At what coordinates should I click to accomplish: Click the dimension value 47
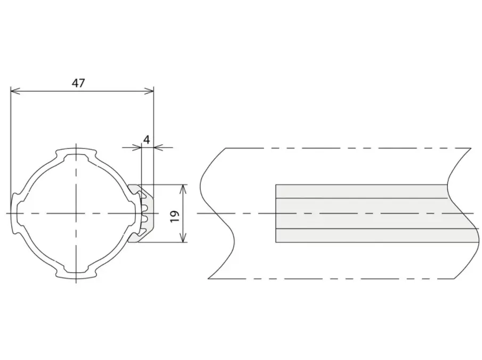point(78,83)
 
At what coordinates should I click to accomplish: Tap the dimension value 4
point(146,140)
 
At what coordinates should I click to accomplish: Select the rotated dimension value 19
point(175,216)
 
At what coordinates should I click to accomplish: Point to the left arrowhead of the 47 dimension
point(15,91)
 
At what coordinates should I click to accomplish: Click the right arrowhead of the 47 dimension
point(149,91)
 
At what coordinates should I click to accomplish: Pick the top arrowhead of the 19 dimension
point(183,189)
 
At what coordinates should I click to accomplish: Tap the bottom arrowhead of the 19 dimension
point(183,238)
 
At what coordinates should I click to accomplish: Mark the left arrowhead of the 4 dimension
point(137,148)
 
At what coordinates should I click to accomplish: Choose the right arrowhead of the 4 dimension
point(158,148)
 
